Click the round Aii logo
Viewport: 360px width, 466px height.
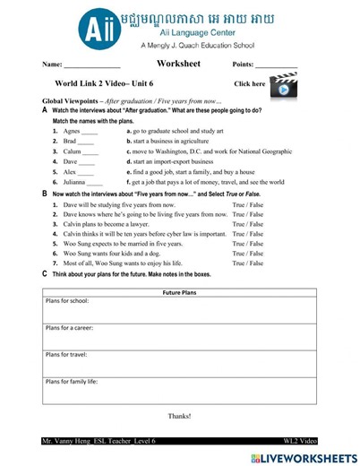[95, 28]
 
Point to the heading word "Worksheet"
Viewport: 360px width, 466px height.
[178, 64]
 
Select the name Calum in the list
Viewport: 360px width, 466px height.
[73, 151]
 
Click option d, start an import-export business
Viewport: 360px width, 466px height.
[175, 161]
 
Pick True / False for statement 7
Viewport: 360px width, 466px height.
[248, 263]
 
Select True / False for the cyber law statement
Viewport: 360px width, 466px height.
[248, 234]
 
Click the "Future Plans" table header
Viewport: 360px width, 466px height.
[180, 293]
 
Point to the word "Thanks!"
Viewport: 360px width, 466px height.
[180, 416]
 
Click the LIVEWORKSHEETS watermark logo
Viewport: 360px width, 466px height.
[304, 458]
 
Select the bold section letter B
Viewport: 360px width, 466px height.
[45, 193]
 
